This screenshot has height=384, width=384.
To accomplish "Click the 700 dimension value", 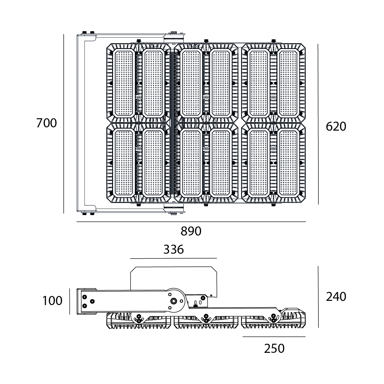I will point(46,123).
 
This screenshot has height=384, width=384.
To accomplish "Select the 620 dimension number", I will point(336,126).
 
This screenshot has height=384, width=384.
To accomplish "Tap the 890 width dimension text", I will point(191,231).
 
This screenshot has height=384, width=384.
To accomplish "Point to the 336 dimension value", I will point(173,249).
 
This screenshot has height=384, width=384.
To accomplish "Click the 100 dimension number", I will point(52,301).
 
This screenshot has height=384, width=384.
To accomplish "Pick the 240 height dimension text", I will point(336,296).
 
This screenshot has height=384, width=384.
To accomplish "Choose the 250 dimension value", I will point(274,348).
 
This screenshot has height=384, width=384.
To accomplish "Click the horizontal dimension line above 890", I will point(191,222).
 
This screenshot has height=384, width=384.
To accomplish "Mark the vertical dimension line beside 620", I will point(318,123).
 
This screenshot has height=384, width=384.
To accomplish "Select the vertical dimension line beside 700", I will point(64,123).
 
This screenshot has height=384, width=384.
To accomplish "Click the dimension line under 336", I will point(173,258).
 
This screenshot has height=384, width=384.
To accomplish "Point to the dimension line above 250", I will point(274,337).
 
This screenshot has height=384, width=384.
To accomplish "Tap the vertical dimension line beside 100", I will point(70,301).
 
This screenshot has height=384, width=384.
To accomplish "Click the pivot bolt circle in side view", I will point(174,301).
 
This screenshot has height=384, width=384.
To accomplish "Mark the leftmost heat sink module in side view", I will point(139,321).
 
